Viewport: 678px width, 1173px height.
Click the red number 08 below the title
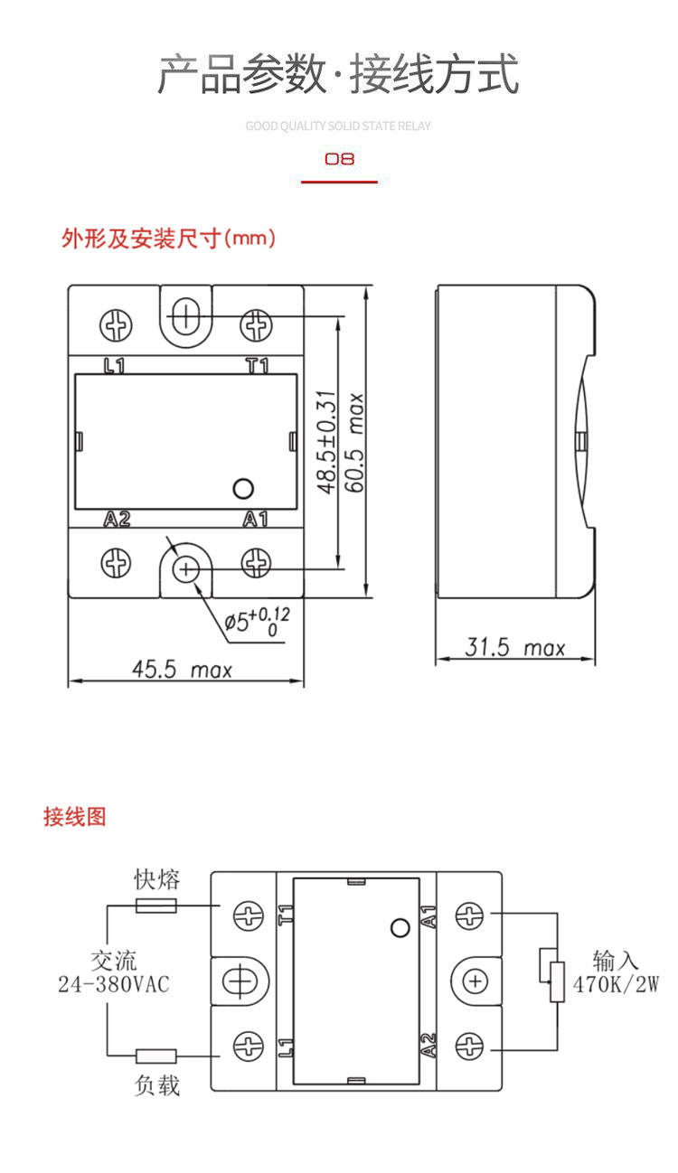339,159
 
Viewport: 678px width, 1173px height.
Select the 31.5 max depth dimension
514,647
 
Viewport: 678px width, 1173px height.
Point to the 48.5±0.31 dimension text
326,443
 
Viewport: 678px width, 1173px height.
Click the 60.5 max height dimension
354,443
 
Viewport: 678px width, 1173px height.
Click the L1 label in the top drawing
114,366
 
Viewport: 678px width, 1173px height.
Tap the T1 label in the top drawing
258,366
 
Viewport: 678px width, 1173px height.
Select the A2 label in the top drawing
117,519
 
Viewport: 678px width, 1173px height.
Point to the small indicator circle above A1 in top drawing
242,489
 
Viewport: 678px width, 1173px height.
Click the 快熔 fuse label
156,879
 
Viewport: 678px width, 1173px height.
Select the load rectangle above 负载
156,1055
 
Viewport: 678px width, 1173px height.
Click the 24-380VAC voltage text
113,984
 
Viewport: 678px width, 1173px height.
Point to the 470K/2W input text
616,984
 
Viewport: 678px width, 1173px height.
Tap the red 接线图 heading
75,816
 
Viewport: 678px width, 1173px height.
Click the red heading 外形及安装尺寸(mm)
168,239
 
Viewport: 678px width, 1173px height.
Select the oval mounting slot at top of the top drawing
185,316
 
